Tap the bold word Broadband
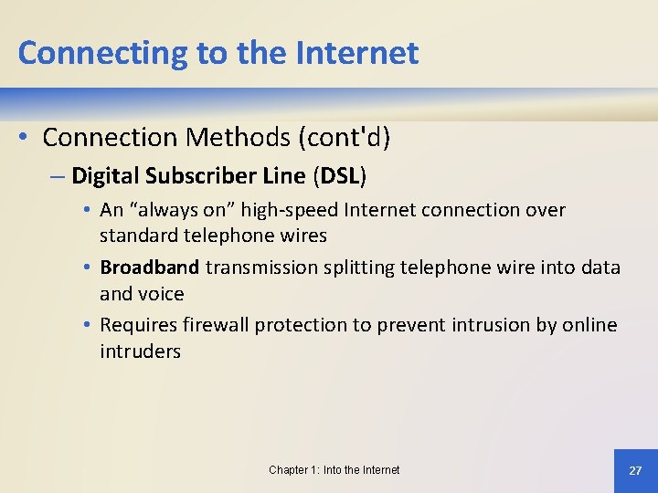tap(149, 267)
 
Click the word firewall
tap(215, 325)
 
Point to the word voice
tap(161, 294)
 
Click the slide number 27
tap(635, 470)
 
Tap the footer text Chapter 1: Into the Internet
tap(334, 470)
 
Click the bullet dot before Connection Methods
tap(25, 137)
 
